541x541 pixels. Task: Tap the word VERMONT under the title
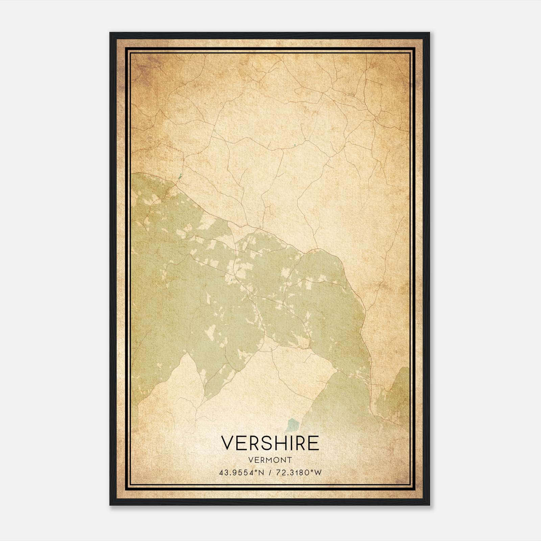(x=270, y=460)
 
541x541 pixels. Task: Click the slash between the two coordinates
(x=270, y=473)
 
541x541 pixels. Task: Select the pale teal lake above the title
(x=291, y=425)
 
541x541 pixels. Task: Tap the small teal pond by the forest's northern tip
(x=180, y=176)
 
